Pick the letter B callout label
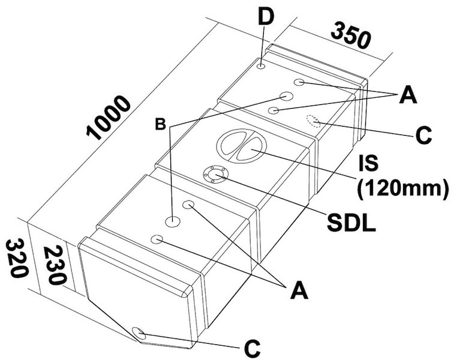tap(160, 124)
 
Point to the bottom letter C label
tap(252, 347)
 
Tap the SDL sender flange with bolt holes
tap(214, 175)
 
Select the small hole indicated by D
tap(262, 66)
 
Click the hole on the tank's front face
tap(137, 333)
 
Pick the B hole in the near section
tap(173, 221)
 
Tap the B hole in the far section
tap(285, 96)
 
